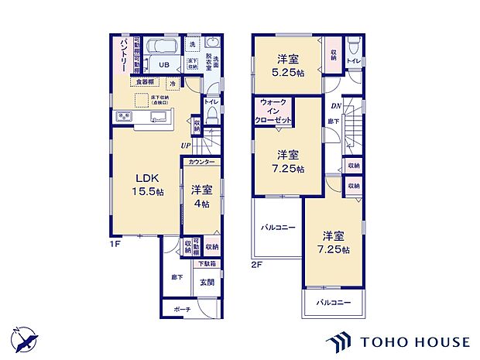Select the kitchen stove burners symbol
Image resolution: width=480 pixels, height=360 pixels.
125,117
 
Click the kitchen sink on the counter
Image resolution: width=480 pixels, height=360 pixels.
159,118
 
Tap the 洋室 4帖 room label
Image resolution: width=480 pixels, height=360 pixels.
201,194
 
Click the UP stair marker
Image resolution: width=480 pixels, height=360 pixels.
186,145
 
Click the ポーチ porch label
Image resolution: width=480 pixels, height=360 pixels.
182,310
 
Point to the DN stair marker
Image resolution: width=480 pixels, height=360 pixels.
337,106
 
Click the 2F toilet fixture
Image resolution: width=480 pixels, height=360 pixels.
352,45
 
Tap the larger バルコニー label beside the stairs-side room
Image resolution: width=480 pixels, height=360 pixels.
276,228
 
